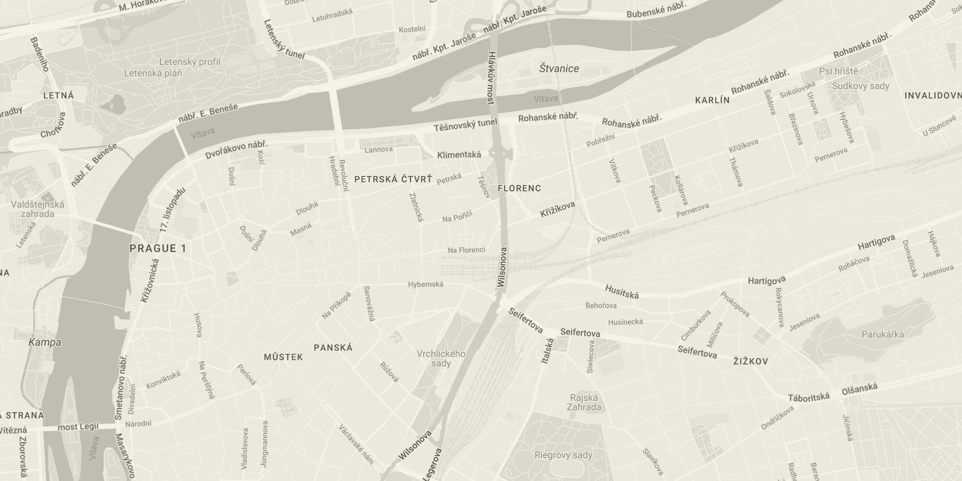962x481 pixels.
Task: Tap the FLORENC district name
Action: (519, 188)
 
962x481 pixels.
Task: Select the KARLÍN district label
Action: (712, 100)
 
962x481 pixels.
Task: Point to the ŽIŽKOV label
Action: (751, 361)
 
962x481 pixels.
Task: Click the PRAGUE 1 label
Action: (157, 249)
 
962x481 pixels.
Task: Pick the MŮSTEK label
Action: (283, 357)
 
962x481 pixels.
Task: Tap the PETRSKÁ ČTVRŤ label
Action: (393, 179)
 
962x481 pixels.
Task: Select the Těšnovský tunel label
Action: (465, 125)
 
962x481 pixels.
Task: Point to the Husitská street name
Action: (622, 292)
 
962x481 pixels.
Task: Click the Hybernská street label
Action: (426, 284)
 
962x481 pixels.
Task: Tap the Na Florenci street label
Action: (466, 250)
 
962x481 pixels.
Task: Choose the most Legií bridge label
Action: (78, 427)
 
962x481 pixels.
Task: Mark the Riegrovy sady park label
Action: (563, 455)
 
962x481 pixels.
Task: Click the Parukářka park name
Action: (882, 334)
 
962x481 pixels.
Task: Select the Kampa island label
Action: (45, 342)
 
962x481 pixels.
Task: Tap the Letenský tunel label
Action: (284, 39)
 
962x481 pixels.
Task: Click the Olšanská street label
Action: (859, 389)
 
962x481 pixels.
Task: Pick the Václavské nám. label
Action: (356, 445)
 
